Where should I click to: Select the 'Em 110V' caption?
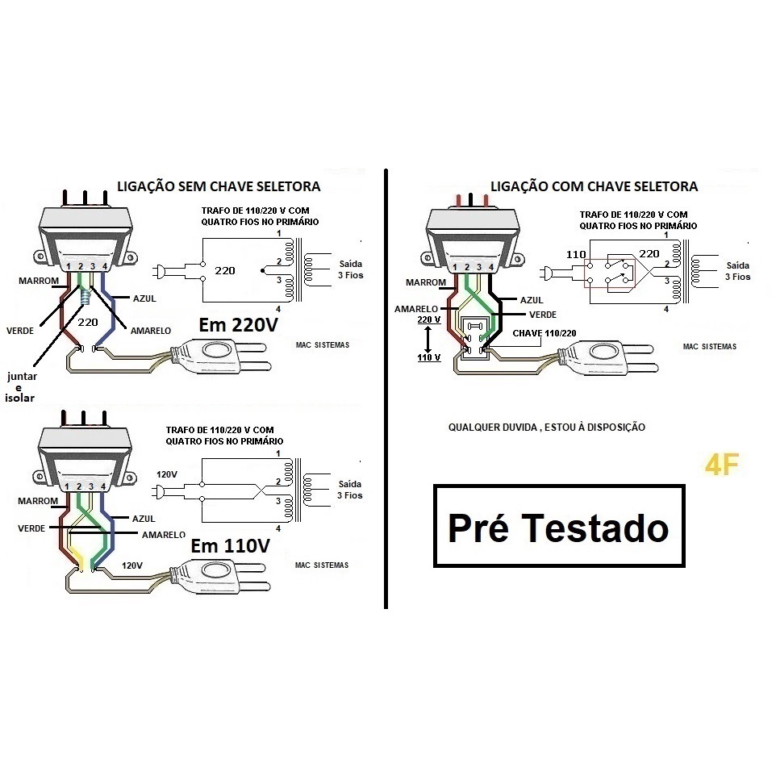(230, 546)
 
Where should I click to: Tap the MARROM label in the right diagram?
(426, 282)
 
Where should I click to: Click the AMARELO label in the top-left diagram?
(144, 330)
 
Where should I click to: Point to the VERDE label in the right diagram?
(543, 314)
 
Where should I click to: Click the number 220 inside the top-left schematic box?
(225, 270)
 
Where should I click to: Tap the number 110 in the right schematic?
(576, 254)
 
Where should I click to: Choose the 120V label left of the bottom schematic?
(168, 474)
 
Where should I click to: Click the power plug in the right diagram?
(613, 353)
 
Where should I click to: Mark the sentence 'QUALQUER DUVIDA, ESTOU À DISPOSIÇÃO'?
(546, 427)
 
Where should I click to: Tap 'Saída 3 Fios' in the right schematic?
(737, 270)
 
